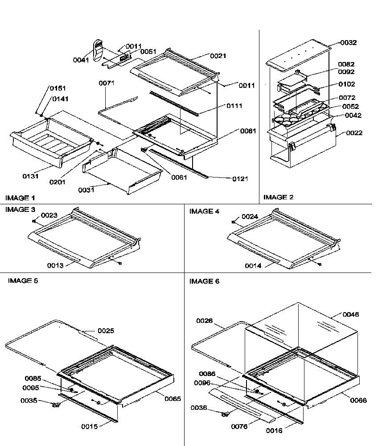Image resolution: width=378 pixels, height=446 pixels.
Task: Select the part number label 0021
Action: pyautogui.click(x=218, y=56)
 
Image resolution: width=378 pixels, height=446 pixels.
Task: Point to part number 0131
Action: pyautogui.click(x=31, y=176)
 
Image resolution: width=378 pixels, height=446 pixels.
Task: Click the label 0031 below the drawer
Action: pyautogui.click(x=86, y=190)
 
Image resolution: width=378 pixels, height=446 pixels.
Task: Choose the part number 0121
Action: pyautogui.click(x=240, y=179)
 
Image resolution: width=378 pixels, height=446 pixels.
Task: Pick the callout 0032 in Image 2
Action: pyautogui.click(x=348, y=43)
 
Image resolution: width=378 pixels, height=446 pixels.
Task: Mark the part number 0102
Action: pyautogui.click(x=346, y=84)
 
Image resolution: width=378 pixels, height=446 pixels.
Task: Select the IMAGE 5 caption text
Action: pyautogui.click(x=23, y=281)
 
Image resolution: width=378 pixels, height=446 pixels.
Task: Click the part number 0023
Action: pyautogui.click(x=49, y=215)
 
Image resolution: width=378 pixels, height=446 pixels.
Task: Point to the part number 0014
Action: pyautogui.click(x=253, y=266)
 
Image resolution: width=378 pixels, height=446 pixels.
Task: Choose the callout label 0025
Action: pyautogui.click(x=106, y=330)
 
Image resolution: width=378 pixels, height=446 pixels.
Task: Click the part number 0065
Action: pyautogui.click(x=173, y=399)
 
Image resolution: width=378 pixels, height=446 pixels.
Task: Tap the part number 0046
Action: pyautogui.click(x=350, y=314)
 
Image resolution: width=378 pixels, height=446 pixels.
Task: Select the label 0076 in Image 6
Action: pyautogui.click(x=239, y=426)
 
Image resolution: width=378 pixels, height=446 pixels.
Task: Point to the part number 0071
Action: pyautogui.click(x=107, y=83)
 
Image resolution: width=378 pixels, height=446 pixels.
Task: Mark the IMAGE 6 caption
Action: pyautogui.click(x=204, y=281)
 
